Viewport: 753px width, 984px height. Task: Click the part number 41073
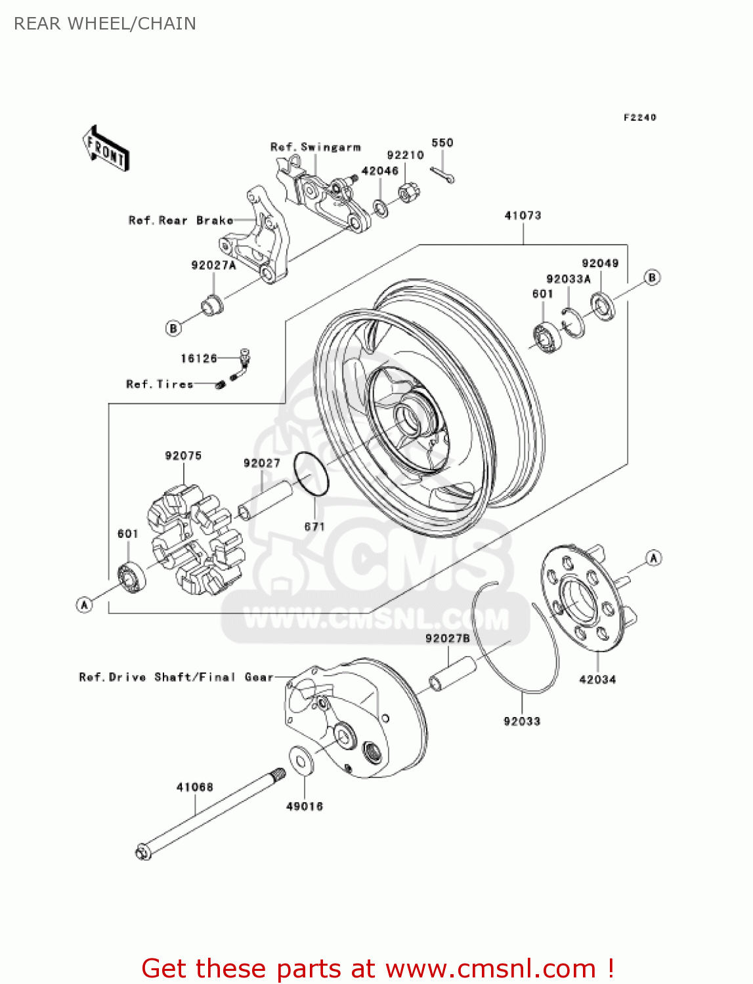(523, 215)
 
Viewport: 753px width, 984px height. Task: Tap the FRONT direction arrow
(106, 149)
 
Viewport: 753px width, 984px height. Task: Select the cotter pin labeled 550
(443, 175)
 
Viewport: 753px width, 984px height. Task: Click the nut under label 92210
(409, 192)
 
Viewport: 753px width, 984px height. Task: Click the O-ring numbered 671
(311, 473)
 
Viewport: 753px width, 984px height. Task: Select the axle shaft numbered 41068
(210, 813)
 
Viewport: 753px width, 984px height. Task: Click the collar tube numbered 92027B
(452, 674)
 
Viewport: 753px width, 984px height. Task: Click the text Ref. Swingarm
(316, 147)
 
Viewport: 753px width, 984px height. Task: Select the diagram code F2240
(639, 117)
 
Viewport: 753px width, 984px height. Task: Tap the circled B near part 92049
(652, 277)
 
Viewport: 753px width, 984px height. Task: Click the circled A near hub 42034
(653, 558)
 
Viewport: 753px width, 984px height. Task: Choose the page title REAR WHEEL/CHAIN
(105, 24)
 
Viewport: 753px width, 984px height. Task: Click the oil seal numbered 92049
(603, 306)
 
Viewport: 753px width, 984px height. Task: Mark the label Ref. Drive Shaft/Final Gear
(176, 677)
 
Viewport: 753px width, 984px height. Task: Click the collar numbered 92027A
(211, 305)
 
